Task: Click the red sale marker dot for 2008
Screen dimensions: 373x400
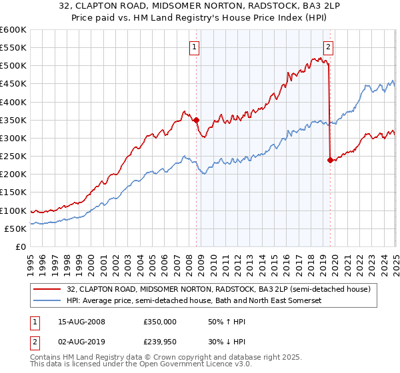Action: [196, 120]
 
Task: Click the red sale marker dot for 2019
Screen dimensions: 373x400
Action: [330, 160]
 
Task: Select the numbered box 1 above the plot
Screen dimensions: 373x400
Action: [194, 47]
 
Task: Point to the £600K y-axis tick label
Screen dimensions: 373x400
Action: [13, 30]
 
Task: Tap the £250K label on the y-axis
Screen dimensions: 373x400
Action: [13, 157]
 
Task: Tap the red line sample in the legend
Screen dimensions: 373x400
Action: [48, 288]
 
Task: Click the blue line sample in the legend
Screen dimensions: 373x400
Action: [48, 300]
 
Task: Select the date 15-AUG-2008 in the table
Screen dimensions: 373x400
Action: [81, 322]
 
